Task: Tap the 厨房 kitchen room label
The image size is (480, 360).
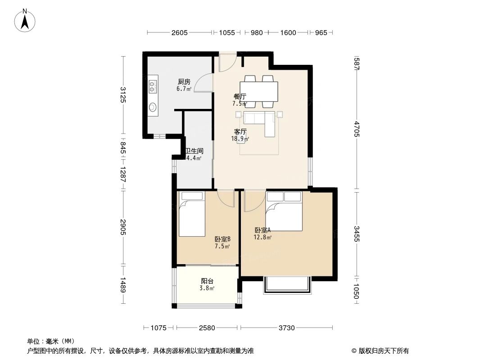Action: tap(184, 82)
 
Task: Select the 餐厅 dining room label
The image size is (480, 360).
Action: tap(240, 96)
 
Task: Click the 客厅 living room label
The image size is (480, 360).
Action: tap(240, 132)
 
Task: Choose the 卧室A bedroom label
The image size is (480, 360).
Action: tap(262, 230)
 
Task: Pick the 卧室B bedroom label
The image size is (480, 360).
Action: tap(222, 239)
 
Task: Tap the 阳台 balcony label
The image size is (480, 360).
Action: tap(207, 281)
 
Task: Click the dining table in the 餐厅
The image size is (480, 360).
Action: tap(258, 92)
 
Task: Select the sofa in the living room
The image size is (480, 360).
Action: tap(261, 121)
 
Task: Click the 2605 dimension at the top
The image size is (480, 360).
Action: tap(179, 32)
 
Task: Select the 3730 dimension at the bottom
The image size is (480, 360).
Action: tap(286, 328)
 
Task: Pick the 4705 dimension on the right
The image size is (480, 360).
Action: tap(356, 129)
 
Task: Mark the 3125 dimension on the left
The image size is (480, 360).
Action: tap(123, 94)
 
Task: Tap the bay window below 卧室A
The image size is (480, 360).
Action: tap(287, 285)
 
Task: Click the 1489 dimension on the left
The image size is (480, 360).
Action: tap(123, 285)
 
